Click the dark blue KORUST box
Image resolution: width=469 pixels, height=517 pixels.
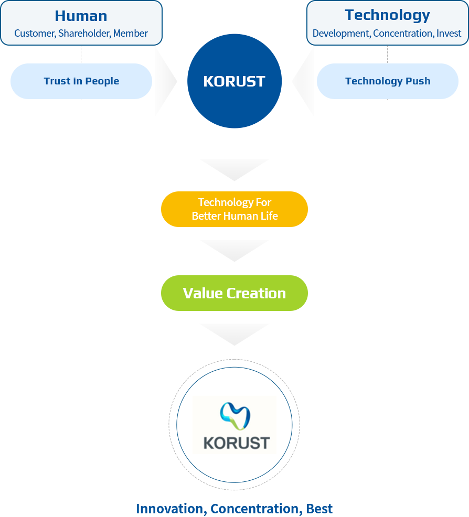235,81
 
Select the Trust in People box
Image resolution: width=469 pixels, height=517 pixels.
81,81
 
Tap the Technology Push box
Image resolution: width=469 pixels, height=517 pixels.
387,81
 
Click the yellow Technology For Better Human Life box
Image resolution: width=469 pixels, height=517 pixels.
234,209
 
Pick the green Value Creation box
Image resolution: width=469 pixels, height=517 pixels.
234,293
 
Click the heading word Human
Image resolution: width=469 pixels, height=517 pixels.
81,16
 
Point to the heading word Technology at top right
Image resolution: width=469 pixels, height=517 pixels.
387,15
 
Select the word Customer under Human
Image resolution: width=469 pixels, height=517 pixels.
34,34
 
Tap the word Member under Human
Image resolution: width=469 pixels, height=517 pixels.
131,34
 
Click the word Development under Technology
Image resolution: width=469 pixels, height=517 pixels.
341,34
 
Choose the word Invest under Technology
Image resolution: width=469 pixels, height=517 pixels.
449,34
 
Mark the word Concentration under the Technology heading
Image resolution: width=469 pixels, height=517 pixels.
403,34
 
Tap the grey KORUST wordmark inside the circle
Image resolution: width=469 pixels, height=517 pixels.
236,443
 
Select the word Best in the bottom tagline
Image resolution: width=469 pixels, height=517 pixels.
319,509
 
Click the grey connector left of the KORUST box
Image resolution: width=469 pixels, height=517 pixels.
166,81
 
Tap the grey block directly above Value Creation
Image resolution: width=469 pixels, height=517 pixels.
234,251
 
